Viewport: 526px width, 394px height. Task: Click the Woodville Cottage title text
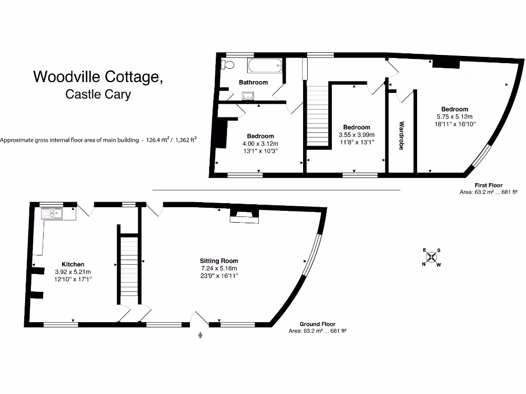point(99,77)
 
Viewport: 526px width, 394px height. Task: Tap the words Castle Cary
point(98,94)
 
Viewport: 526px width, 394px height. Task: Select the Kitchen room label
point(73,264)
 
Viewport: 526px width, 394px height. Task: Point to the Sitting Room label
point(219,261)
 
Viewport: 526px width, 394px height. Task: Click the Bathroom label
point(253,82)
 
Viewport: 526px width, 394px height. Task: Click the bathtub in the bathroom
point(265,65)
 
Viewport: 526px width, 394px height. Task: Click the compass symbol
point(431,258)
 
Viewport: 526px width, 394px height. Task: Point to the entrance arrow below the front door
point(200,335)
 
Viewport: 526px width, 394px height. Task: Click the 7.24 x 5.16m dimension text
point(219,268)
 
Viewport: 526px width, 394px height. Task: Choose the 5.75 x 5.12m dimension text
point(455,116)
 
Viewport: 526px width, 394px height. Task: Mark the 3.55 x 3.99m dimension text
point(356,135)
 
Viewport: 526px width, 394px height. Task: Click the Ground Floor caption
point(317,324)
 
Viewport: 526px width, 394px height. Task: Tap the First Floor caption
point(488,185)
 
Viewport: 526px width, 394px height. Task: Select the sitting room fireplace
point(244,215)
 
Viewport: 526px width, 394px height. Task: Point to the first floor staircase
point(317,115)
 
